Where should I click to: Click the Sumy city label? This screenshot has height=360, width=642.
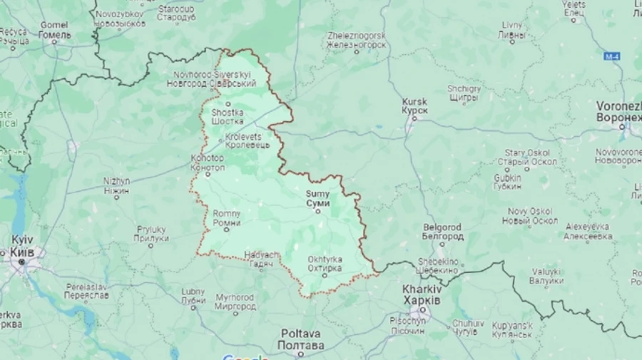coord(317,198)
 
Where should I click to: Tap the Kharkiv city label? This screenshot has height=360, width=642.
coord(422,295)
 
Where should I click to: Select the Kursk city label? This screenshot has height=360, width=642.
coord(414,106)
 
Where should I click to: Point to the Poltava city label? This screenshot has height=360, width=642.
coord(300,339)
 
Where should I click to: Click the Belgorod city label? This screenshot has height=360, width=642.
coord(442,231)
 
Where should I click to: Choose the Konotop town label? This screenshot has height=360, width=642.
coord(208,163)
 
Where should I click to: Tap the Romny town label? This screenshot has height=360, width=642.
coord(227,217)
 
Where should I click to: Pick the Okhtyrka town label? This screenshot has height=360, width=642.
coord(324,264)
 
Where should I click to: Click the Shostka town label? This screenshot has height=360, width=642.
coord(228,116)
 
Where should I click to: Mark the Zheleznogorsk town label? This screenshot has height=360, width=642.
coord(356,40)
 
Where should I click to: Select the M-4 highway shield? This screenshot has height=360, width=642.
coord(611,56)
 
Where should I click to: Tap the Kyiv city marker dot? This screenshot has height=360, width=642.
coord(21,262)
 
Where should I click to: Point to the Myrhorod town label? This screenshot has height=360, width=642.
coord(235,302)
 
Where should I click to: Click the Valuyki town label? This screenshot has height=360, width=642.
coord(546,276)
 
